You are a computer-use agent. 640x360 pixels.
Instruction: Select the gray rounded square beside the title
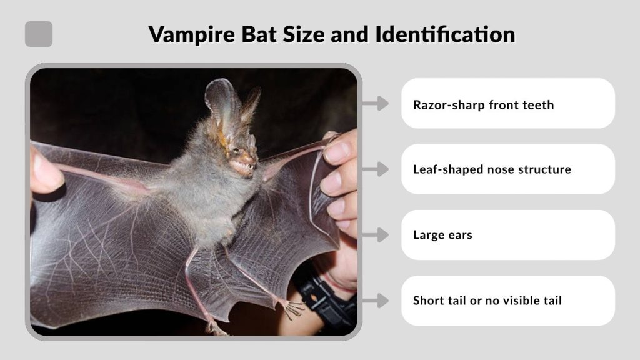(39, 34)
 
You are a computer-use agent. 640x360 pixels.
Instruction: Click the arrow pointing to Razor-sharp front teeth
(375, 104)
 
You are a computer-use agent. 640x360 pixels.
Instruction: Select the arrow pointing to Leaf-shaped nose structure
(375, 169)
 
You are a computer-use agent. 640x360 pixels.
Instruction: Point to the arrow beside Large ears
(375, 235)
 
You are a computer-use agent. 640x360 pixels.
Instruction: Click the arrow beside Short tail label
(375, 301)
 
